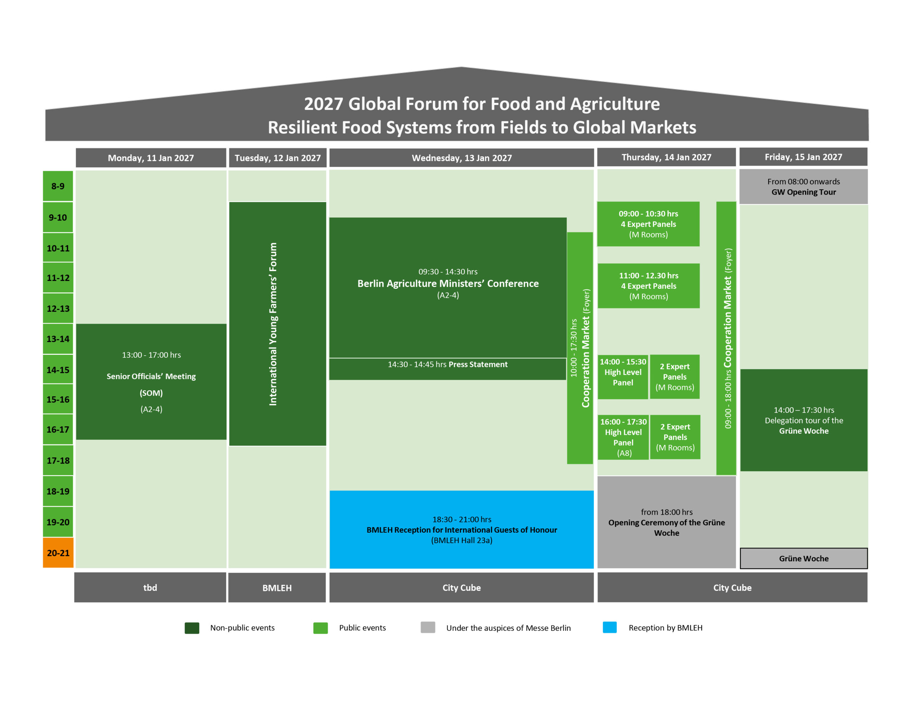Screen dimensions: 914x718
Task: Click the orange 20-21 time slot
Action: tap(58, 552)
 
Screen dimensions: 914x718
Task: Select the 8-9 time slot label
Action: tap(58, 186)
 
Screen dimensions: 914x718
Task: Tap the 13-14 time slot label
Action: tap(58, 339)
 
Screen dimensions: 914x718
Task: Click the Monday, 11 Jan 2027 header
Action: tap(151, 158)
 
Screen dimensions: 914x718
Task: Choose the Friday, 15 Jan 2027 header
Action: tap(803, 157)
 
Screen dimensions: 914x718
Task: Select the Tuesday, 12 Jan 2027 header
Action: tap(277, 158)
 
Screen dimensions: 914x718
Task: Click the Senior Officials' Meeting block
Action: tap(151, 382)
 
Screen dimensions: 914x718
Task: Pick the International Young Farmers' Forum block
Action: tap(277, 324)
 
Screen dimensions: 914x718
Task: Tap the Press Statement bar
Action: tap(447, 369)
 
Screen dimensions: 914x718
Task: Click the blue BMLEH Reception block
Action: tap(462, 529)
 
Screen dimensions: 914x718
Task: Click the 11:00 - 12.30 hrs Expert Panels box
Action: tap(649, 286)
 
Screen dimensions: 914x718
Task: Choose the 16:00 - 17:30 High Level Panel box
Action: tap(623, 437)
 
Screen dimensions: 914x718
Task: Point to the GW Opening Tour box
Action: tap(803, 187)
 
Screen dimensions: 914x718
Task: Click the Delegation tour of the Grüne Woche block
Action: tap(804, 420)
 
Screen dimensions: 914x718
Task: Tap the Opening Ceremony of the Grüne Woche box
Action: tap(666, 522)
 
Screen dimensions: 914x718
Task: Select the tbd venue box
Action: tap(150, 587)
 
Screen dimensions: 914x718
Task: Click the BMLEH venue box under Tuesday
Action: tap(277, 587)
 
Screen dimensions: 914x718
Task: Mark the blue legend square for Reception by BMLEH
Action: tap(609, 627)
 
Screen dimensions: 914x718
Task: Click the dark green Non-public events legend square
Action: tap(192, 628)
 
